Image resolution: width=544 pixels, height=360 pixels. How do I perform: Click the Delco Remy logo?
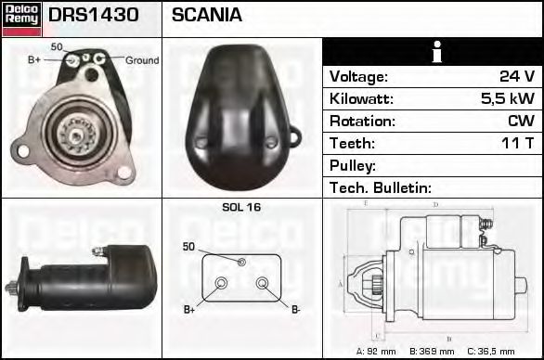click(x=21, y=19)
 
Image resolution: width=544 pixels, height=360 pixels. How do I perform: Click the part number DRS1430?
click(x=94, y=15)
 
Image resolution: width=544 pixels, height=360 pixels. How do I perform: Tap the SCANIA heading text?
click(x=207, y=15)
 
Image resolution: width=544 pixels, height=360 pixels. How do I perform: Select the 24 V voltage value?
click(x=517, y=76)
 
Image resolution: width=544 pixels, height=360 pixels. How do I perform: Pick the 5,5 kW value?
click(x=508, y=98)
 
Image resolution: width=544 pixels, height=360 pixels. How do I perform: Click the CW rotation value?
click(x=521, y=121)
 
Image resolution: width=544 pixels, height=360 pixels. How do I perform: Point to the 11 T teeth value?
click(x=517, y=143)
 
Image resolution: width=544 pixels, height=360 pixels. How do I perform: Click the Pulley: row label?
click(x=353, y=166)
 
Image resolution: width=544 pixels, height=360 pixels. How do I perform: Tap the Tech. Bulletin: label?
click(x=381, y=187)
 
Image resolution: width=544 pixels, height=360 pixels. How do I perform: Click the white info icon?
click(x=437, y=52)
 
